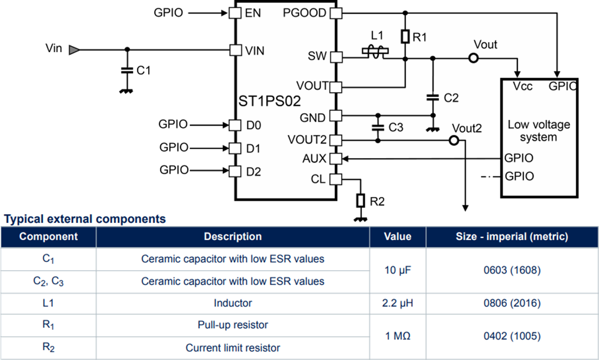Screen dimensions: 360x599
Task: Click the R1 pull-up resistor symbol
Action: coord(405,37)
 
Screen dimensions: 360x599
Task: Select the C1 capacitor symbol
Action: coord(128,70)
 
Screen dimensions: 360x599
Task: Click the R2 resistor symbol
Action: coord(361,201)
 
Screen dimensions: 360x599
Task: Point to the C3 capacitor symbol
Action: coord(378,127)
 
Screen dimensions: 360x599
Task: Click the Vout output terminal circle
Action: coord(473,58)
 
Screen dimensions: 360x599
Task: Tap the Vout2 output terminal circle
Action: coord(454,141)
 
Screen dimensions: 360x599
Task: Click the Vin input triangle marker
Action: coord(73,50)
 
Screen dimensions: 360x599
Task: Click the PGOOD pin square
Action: coord(336,12)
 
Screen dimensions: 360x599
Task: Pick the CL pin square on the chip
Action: coord(336,179)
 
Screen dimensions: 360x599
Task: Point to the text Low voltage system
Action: coord(539,131)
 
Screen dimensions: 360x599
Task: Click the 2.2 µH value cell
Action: coord(398,303)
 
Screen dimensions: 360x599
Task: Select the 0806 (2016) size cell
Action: coord(512,303)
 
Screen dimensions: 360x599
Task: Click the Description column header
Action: coord(232,236)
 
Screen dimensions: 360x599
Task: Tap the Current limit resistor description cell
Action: coord(232,348)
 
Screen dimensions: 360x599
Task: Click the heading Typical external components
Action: coord(85,219)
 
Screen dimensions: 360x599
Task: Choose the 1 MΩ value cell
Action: coord(398,336)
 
